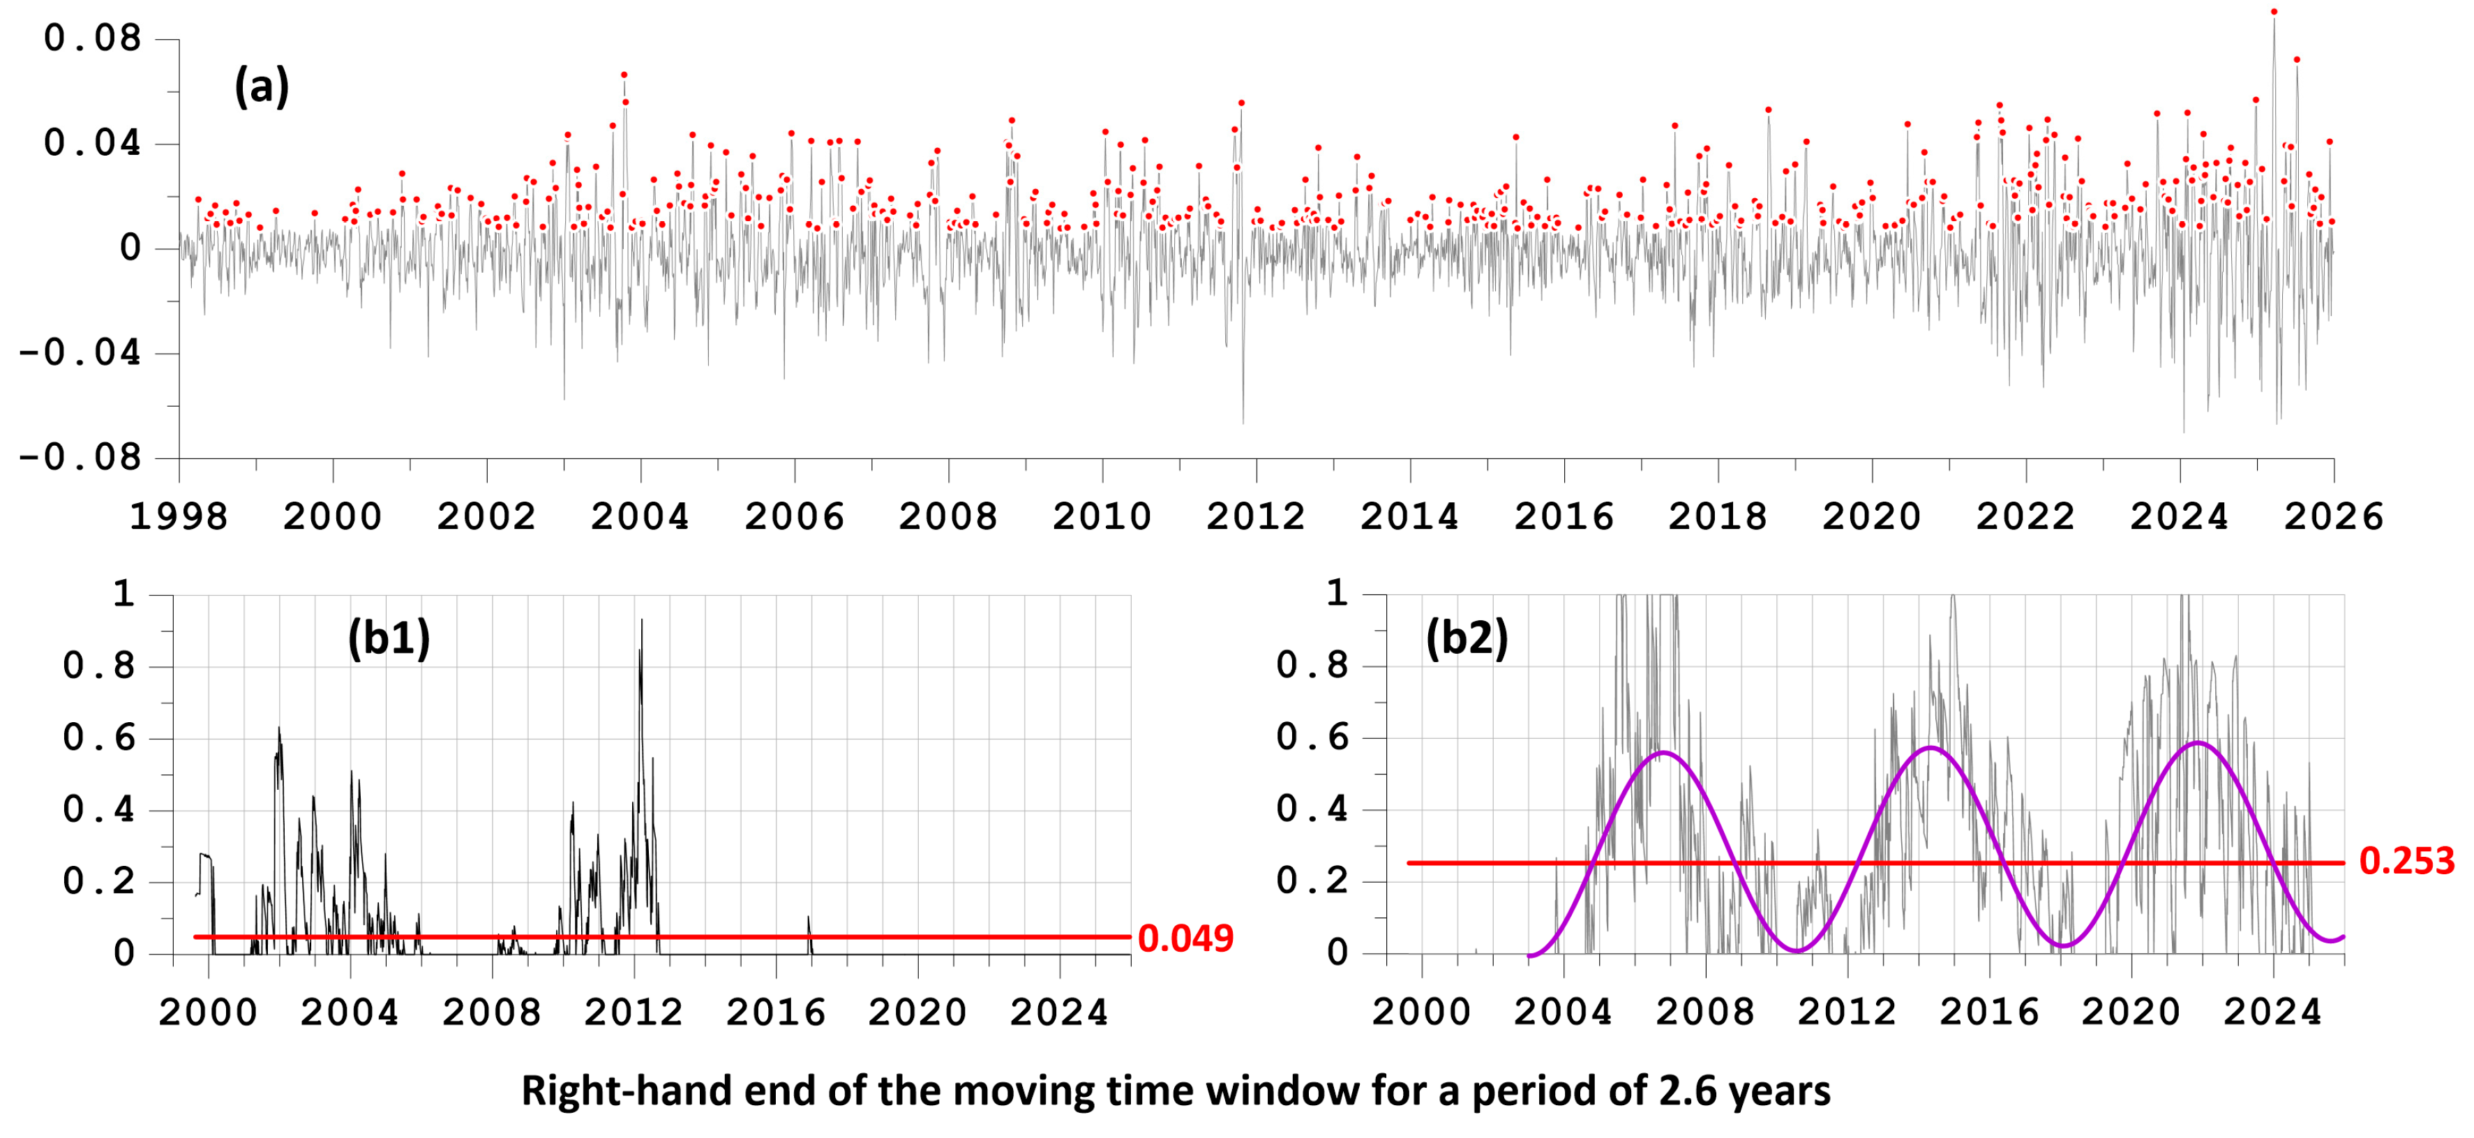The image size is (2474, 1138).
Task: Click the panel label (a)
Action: tap(261, 87)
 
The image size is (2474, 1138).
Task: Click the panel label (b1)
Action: tap(389, 638)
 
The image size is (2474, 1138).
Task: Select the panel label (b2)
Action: tap(1467, 638)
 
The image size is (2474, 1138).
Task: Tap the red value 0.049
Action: tap(1185, 938)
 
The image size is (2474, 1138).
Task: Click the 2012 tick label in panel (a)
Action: tap(1257, 516)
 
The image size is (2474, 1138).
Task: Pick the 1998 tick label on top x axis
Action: tap(179, 516)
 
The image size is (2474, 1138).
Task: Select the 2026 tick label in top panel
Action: tap(2334, 516)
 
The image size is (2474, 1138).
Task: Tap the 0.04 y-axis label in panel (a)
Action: tap(92, 143)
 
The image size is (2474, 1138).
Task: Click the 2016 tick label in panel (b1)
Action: tap(776, 1012)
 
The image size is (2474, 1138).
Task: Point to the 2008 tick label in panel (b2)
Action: tap(1706, 1012)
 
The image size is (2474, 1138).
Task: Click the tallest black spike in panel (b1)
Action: tap(642, 620)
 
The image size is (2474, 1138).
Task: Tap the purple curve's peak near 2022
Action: tap(2198, 742)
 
